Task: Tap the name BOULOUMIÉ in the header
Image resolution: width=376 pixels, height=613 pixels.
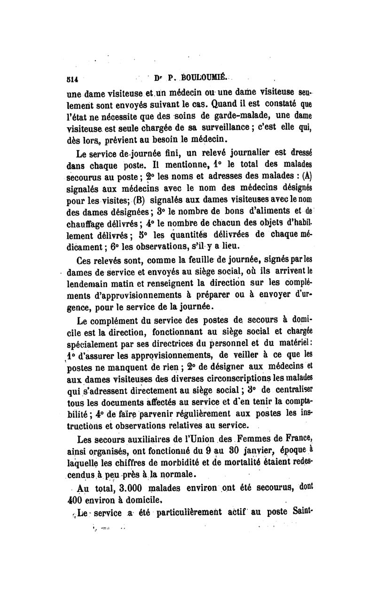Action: pyautogui.click(x=194, y=79)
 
